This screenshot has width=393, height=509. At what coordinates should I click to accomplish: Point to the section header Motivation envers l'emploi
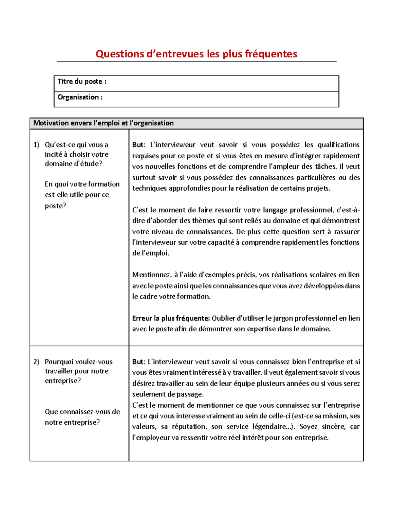point(103,123)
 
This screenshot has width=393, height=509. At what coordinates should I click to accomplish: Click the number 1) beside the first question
point(36,145)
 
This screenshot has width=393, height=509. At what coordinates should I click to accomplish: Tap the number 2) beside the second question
point(36,362)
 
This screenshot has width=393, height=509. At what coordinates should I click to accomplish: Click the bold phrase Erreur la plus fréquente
point(171,318)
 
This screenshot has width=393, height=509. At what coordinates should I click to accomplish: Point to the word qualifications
point(339,145)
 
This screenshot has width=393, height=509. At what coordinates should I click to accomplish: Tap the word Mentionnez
point(152,275)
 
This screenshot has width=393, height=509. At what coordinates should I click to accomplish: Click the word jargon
point(283,318)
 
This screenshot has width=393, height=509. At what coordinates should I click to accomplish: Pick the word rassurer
point(347,232)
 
